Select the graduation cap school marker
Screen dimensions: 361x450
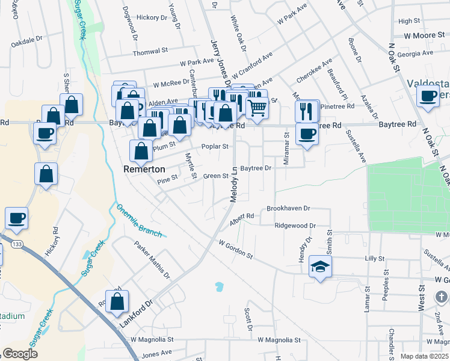coord(320,267)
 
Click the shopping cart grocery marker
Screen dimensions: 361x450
coord(257,108)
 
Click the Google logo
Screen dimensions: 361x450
coord(19,354)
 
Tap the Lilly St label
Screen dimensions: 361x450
coord(374,258)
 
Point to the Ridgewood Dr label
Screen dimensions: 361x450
coord(295,226)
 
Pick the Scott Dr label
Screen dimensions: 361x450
coord(247,319)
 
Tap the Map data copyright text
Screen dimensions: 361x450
coord(424,356)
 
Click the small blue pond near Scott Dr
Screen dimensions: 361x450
coord(219,286)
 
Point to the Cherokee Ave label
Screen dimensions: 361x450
coord(314,72)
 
